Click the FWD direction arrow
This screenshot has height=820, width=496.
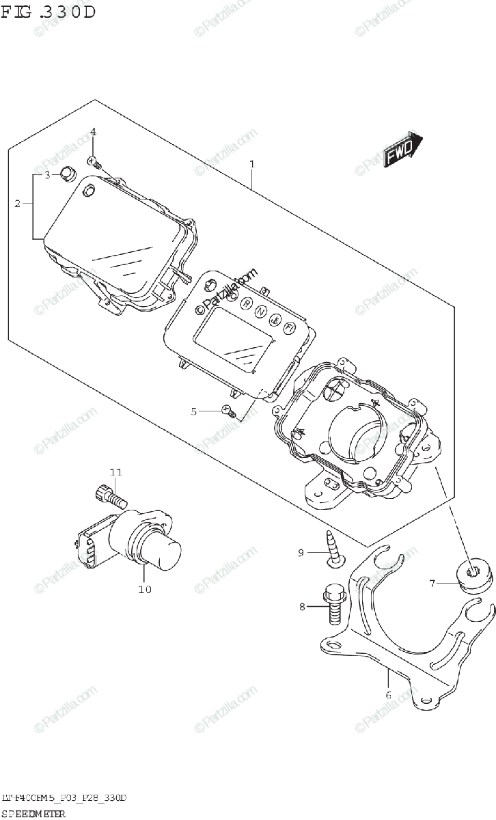pos(402,152)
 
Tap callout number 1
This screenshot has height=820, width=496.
pos(252,165)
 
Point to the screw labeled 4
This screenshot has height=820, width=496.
pos(95,163)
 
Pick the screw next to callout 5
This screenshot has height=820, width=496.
pos(230,412)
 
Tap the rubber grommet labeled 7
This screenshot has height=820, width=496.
pos(471,582)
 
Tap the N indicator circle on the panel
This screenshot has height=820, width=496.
pos(261,312)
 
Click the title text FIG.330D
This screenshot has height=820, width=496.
pos(48,12)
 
